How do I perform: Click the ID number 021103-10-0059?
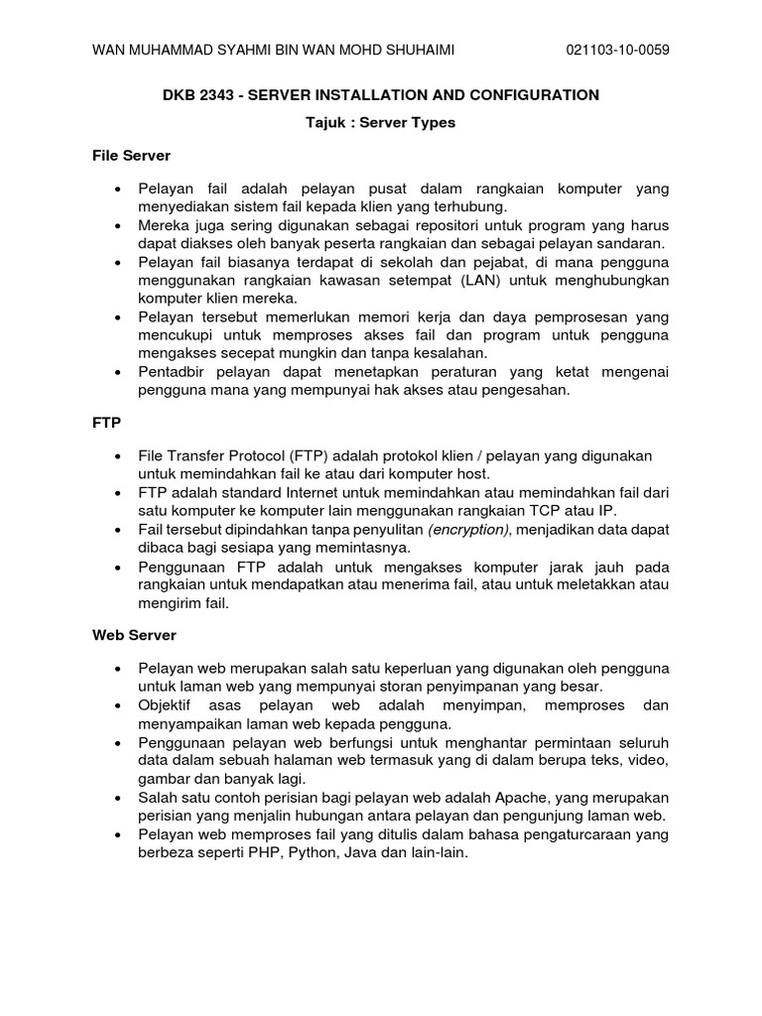pos(616,51)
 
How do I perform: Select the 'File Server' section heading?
pos(131,156)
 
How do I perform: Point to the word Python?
pos(310,851)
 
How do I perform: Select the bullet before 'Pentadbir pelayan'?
pos(119,370)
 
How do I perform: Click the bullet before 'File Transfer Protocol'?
pos(119,455)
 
